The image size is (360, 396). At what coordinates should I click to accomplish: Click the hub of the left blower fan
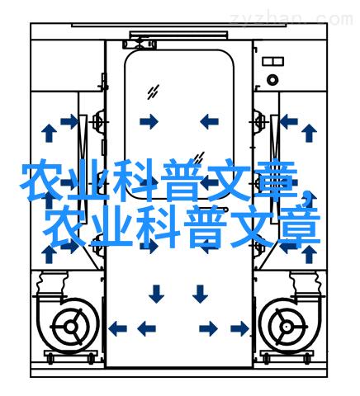pos(71,327)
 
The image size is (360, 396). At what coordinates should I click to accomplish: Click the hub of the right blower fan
pos(287,327)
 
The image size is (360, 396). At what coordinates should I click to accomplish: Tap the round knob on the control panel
pos(272,80)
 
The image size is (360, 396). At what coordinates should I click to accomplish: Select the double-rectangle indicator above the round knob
pos(272,61)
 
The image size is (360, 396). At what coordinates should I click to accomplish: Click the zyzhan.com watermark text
pos(291,19)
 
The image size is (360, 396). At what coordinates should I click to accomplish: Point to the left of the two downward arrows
pos(156,294)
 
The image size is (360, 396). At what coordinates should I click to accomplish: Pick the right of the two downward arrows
pos(200,294)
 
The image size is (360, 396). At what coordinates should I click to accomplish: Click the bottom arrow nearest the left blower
pos(117,328)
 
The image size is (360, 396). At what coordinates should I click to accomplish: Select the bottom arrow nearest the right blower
pos(239,328)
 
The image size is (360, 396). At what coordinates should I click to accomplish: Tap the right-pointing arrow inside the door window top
pos(149,121)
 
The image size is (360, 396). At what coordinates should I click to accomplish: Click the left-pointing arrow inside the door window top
pos(209,121)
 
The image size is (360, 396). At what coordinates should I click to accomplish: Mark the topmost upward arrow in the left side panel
pos(49,133)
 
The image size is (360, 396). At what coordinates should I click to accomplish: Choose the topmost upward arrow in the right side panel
pos(309,133)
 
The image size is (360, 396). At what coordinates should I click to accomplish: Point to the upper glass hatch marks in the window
pos(153,92)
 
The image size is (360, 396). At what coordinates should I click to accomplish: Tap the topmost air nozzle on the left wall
pos(98,121)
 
